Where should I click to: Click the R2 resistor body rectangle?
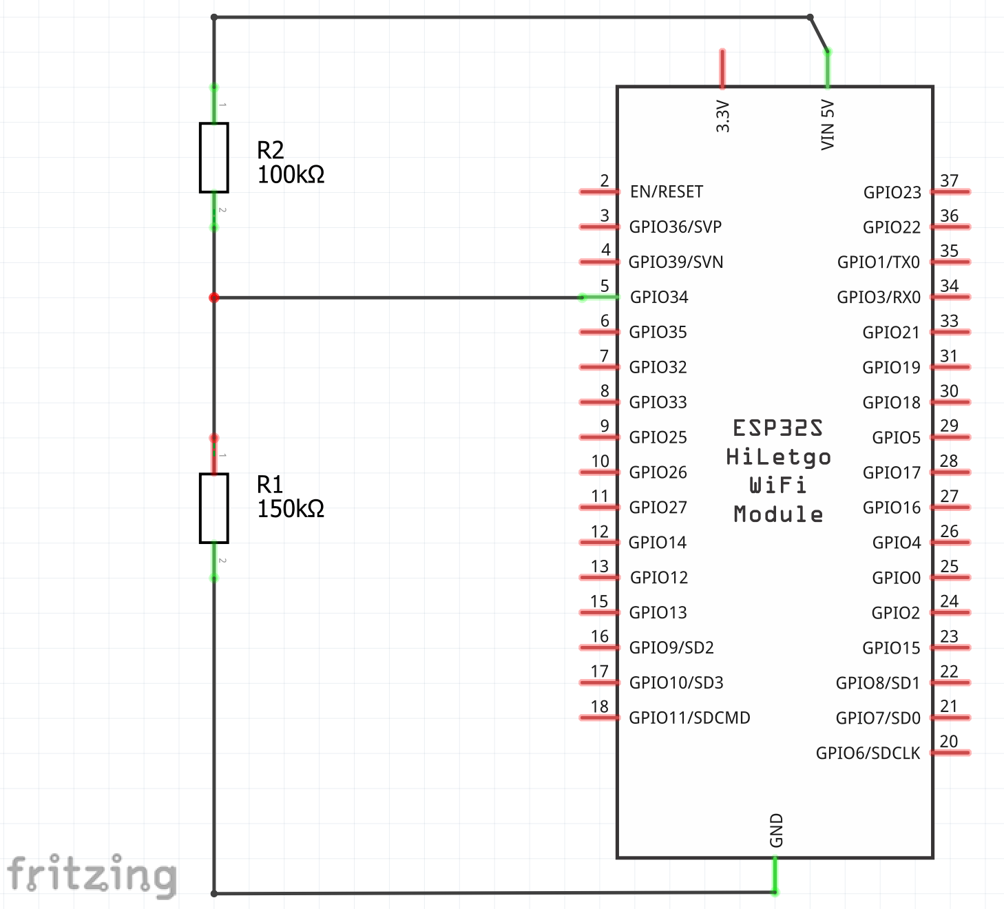click(x=213, y=158)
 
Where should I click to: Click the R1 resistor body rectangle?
click(x=213, y=508)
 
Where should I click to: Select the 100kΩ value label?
click(x=291, y=175)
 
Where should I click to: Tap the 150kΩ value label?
click(x=291, y=509)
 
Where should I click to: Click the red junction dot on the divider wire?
click(x=214, y=297)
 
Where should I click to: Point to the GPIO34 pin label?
click(x=659, y=297)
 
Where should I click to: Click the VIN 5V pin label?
click(x=828, y=125)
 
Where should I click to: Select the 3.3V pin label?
click(x=722, y=116)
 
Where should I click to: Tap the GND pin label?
click(x=776, y=830)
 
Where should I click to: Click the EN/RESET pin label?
click(x=667, y=191)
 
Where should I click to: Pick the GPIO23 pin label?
click(x=892, y=192)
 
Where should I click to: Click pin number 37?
click(x=949, y=180)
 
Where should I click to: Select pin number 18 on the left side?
click(x=600, y=707)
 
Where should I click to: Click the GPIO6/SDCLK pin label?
click(x=868, y=753)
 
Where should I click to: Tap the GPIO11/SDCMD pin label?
click(x=689, y=718)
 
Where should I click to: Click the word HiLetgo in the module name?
click(x=778, y=457)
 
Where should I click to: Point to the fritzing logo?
click(x=92, y=875)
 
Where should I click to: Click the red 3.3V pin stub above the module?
click(x=722, y=69)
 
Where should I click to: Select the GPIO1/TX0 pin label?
click(x=878, y=262)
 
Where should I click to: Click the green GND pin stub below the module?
click(x=775, y=875)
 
